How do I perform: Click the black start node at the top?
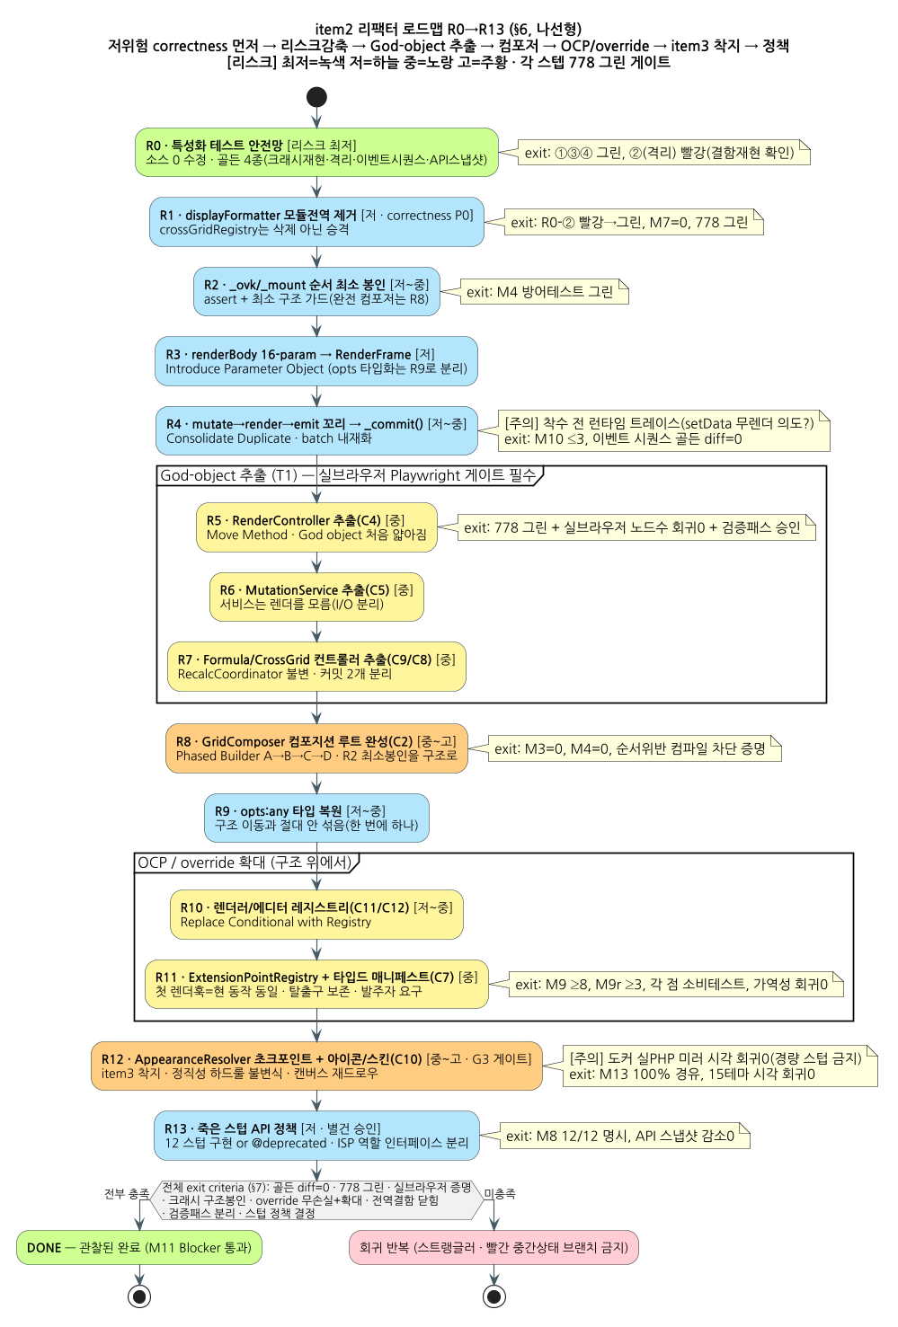pos(316,97)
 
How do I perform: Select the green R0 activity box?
pos(316,152)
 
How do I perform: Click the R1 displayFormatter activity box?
pos(316,222)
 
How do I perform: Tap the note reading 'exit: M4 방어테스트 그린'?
pos(544,291)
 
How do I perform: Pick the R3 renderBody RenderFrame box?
pos(316,361)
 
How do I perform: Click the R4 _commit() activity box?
pos(316,430)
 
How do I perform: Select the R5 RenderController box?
pos(316,527)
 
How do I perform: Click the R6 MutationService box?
pos(316,597)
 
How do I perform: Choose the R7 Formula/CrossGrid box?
pos(316,667)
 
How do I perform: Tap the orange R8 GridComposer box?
pos(316,748)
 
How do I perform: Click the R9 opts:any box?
pos(316,818)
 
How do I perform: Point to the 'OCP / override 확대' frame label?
pos(246,863)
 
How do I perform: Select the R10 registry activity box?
pos(316,915)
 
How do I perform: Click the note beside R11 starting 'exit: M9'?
pos(676,984)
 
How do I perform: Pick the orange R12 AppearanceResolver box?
pos(316,1066)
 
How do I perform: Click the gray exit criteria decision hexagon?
pos(316,1199)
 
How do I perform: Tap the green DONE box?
pos(139,1248)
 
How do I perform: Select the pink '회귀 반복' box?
pos(493,1248)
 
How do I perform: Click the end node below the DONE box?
pos(139,1296)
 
